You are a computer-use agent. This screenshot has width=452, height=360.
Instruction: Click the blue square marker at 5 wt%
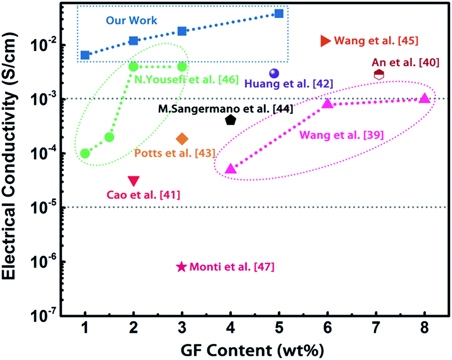pyautogui.click(x=279, y=13)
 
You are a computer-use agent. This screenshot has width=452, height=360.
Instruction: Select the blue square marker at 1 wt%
pyautogui.click(x=85, y=55)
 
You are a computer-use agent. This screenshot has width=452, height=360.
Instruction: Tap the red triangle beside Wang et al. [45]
pyautogui.click(x=325, y=41)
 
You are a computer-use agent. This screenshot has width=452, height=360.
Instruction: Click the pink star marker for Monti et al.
pyautogui.click(x=182, y=267)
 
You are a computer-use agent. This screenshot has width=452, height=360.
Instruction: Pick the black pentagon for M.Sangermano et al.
pyautogui.click(x=231, y=120)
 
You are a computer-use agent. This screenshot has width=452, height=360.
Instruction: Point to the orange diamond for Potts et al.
pyautogui.click(x=182, y=139)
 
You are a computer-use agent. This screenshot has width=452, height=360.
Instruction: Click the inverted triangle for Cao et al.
pyautogui.click(x=134, y=181)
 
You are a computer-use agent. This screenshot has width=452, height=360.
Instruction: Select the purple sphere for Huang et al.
pyautogui.click(x=274, y=73)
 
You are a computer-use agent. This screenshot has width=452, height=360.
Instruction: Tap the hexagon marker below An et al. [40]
pyautogui.click(x=379, y=74)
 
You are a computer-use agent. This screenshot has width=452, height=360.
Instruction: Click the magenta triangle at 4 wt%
pyautogui.click(x=231, y=169)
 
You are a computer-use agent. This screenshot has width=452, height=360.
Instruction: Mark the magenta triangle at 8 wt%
pyautogui.click(x=424, y=98)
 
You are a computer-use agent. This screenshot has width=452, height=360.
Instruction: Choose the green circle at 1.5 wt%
pyautogui.click(x=110, y=137)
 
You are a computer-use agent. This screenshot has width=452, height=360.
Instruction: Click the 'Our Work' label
pyautogui.click(x=131, y=21)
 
